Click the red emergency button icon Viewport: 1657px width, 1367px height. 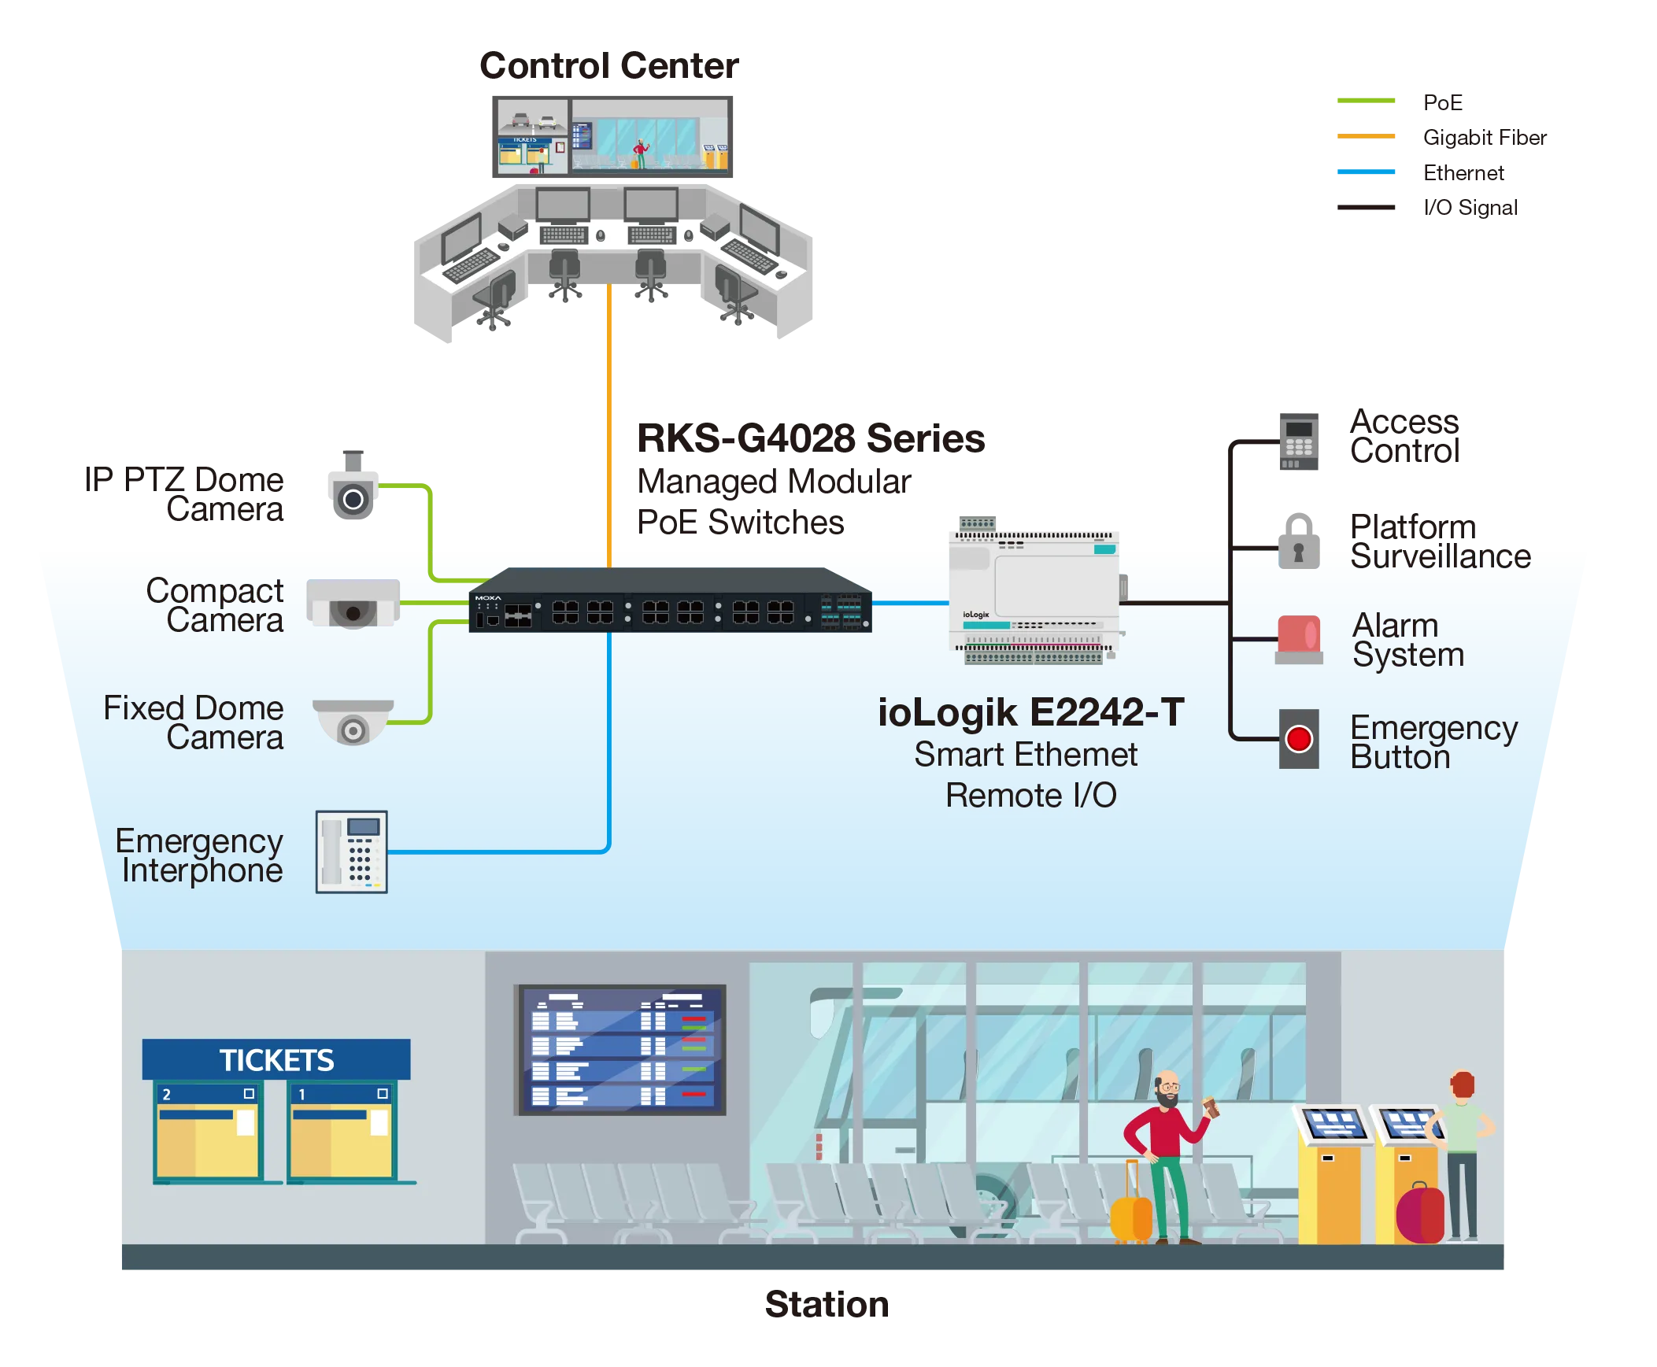1298,739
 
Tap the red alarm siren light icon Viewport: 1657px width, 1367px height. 1299,638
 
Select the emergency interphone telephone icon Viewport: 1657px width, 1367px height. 351,852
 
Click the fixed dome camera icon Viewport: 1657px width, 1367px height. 353,721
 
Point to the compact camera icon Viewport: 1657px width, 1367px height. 353,604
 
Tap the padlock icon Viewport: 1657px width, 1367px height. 1298,541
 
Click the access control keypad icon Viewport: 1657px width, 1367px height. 1299,440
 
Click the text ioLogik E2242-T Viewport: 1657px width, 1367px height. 1030,713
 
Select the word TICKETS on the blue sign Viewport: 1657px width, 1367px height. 276,1060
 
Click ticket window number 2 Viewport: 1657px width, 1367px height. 208,1130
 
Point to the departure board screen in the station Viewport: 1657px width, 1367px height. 620,1049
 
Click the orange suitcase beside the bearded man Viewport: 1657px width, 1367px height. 1130,1213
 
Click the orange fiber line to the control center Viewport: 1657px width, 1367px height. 609,425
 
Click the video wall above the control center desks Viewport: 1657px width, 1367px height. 613,139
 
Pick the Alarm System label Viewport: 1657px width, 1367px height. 1407,639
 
